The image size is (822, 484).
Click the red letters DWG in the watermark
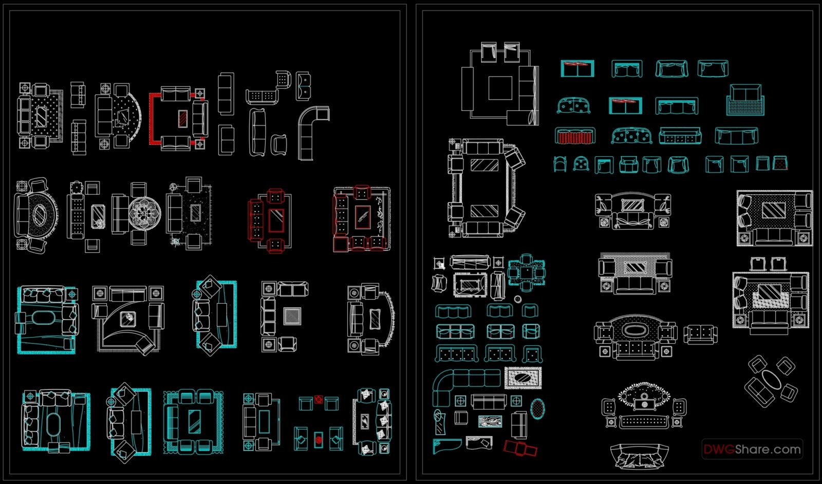[x=719, y=450]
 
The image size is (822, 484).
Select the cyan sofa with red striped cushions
[x=575, y=136]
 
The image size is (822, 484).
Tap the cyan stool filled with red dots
[x=780, y=163]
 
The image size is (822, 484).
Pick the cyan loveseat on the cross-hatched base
[x=745, y=100]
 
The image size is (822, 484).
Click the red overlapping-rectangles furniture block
[x=520, y=449]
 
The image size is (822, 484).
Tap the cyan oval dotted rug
[x=537, y=408]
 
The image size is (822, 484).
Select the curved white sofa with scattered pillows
[x=640, y=456]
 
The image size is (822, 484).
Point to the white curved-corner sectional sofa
[x=313, y=133]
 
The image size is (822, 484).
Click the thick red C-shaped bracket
[x=152, y=119]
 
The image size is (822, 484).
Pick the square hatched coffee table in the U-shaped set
[x=292, y=315]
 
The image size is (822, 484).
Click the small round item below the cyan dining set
[x=517, y=299]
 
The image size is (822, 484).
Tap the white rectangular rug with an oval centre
[x=524, y=379]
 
